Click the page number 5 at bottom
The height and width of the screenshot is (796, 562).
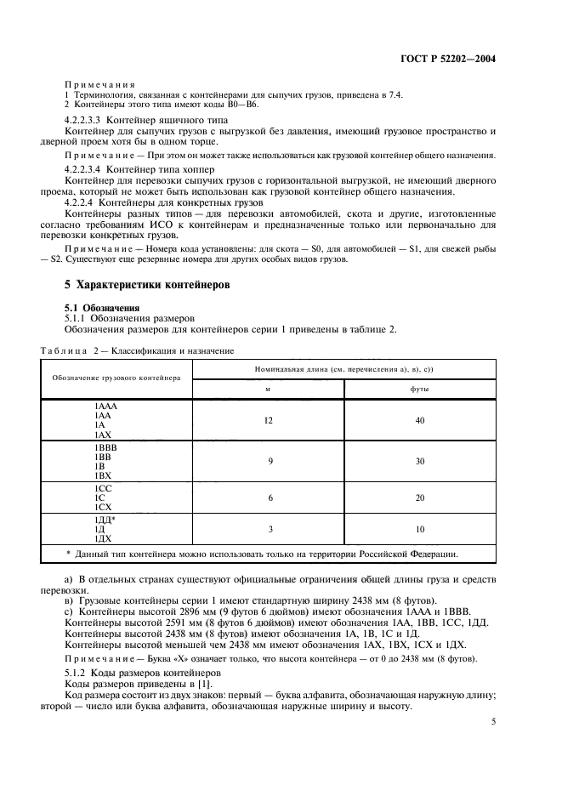(x=493, y=721)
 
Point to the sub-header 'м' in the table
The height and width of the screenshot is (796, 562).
(x=269, y=389)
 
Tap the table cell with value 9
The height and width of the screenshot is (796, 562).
(x=269, y=460)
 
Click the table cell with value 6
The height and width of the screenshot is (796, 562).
(x=269, y=497)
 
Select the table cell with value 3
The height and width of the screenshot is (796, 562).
(x=269, y=529)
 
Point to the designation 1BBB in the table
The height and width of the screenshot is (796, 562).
(x=105, y=446)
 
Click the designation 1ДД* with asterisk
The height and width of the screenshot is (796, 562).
(x=105, y=519)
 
